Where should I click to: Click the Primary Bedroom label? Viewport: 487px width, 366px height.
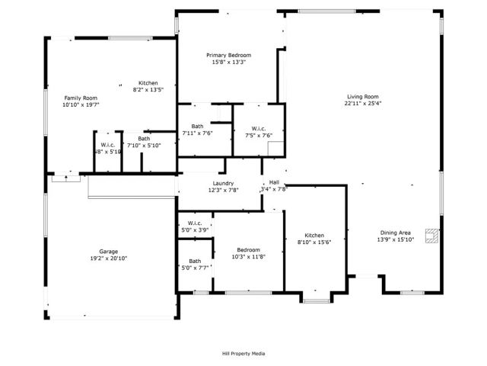[x=230, y=55]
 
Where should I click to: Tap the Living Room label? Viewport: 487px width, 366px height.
[x=363, y=97]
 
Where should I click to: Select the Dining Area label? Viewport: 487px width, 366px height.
[x=396, y=233]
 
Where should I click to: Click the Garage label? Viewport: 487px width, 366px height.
[x=108, y=251]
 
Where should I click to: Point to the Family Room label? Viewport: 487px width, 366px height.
[x=80, y=98]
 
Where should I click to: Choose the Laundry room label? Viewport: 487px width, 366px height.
[x=223, y=183]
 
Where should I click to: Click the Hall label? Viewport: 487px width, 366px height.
[x=274, y=182]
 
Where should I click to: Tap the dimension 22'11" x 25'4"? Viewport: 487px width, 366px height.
[x=363, y=104]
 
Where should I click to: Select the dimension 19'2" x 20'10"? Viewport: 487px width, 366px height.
[x=108, y=258]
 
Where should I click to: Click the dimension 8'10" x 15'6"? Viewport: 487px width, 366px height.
[x=314, y=242]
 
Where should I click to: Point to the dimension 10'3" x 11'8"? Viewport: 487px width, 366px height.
[x=248, y=257]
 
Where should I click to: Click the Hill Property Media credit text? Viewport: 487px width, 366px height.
[x=243, y=353]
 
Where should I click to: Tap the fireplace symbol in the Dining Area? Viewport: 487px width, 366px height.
[x=431, y=236]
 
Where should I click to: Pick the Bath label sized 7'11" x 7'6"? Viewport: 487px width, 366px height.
[x=198, y=126]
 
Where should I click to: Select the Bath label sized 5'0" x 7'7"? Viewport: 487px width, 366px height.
[x=196, y=261]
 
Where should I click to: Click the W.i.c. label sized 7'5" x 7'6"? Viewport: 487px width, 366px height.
[x=258, y=128]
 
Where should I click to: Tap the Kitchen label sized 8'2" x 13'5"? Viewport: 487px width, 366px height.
[x=148, y=82]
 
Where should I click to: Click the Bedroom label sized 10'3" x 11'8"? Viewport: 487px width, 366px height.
[x=248, y=250]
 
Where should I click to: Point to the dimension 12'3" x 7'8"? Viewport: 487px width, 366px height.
[x=223, y=190]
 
